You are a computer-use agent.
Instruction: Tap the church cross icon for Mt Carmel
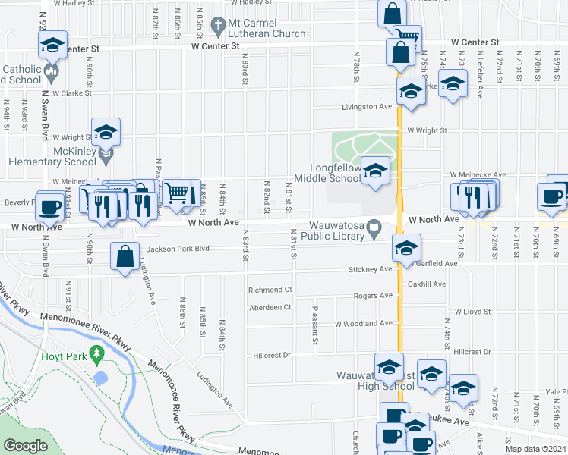[x=219, y=25]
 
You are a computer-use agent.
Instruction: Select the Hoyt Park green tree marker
[x=96, y=353]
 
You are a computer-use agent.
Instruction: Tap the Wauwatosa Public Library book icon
[x=374, y=227]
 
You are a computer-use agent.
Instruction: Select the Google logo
[x=25, y=447]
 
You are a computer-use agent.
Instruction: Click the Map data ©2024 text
[x=535, y=449]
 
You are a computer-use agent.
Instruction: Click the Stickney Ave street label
[x=370, y=268]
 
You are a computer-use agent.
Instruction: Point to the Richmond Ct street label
[x=270, y=290]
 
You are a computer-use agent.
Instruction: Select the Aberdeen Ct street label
[x=270, y=307]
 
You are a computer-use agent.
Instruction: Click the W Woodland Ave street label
[x=364, y=324]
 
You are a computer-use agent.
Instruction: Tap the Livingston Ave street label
[x=366, y=107]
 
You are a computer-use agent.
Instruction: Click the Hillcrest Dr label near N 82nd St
[x=271, y=355]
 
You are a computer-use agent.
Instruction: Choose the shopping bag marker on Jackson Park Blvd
[x=125, y=256]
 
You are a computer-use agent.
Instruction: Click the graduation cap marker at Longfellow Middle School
[x=375, y=170]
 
